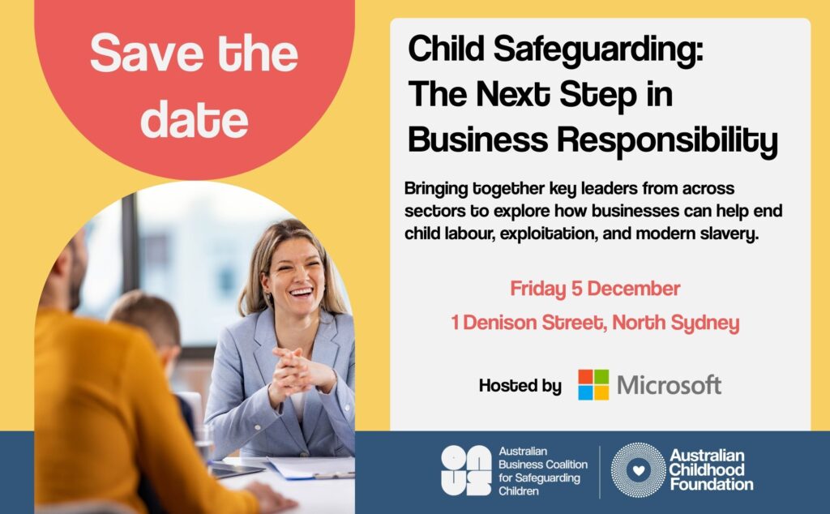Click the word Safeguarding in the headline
point(598,50)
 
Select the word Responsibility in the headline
point(667,140)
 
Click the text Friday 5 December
point(595,289)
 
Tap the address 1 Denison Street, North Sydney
point(595,323)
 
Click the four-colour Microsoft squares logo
point(593,385)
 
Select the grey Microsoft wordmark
point(669,385)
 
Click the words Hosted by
point(520,385)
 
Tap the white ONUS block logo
point(466,470)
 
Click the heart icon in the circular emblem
point(639,470)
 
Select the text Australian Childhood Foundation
point(711,469)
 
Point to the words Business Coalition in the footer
point(543,465)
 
